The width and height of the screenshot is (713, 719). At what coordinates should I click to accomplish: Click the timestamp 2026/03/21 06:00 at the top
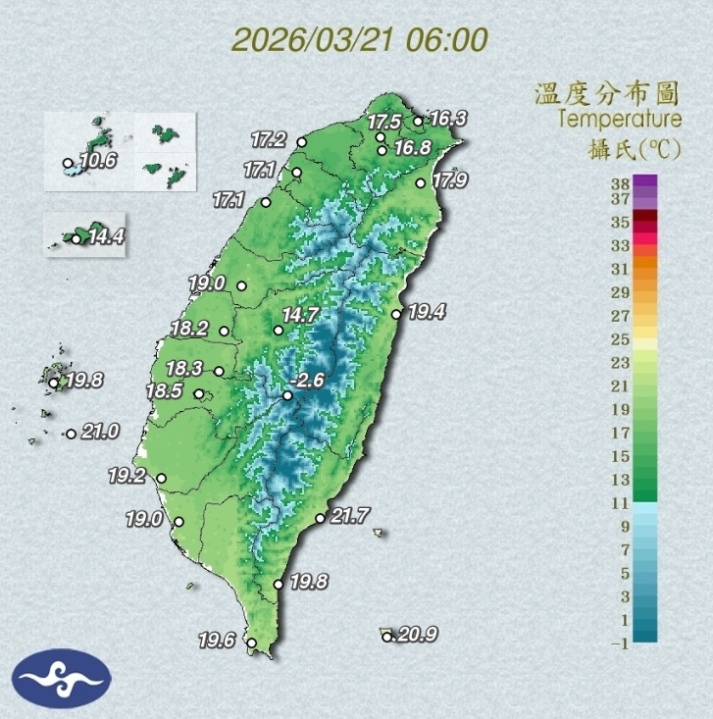(360, 40)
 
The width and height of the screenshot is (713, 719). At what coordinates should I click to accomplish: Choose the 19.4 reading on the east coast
(428, 313)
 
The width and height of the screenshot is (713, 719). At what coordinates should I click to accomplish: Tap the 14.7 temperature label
(301, 316)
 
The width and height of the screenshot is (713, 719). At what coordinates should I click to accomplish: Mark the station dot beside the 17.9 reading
(422, 182)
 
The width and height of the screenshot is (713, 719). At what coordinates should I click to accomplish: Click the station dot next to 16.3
(418, 122)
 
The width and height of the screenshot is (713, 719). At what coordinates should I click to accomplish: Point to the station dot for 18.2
(226, 332)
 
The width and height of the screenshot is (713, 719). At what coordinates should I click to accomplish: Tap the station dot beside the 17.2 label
(302, 142)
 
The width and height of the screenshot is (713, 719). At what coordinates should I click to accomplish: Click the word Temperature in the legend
(620, 120)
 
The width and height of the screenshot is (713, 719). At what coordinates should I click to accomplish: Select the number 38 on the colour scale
(619, 182)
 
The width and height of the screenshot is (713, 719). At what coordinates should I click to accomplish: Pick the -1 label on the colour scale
(619, 643)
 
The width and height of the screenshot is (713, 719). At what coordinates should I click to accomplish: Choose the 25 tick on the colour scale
(619, 339)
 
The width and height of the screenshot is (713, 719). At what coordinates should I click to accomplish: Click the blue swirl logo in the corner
(61, 678)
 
